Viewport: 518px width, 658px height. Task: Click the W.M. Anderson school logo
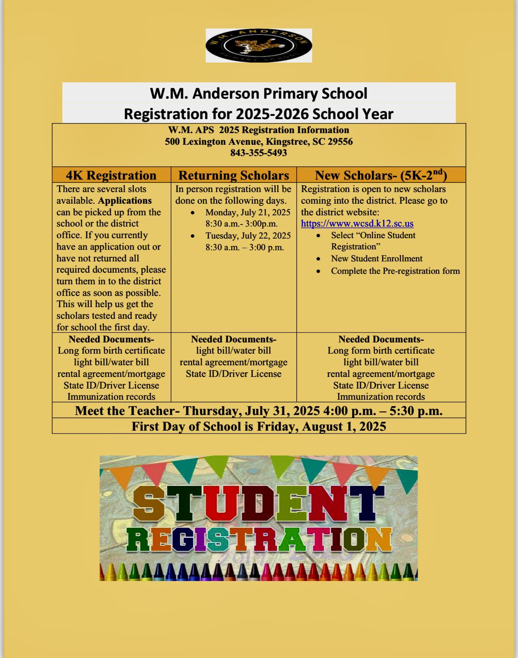click(259, 45)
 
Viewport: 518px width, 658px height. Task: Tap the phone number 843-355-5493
click(259, 153)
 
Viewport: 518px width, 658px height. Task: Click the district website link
click(357, 224)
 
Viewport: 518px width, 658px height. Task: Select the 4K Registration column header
click(111, 175)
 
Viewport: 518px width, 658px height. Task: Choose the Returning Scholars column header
click(234, 175)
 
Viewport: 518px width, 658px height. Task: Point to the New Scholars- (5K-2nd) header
click(381, 175)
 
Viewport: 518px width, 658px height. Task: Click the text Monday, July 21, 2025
click(248, 213)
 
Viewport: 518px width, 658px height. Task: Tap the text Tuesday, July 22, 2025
click(248, 236)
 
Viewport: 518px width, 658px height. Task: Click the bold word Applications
click(125, 200)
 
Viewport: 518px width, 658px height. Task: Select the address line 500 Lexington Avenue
click(259, 142)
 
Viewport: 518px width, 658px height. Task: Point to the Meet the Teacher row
click(259, 411)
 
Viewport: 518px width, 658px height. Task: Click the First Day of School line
click(259, 426)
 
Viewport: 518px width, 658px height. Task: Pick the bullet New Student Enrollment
click(377, 259)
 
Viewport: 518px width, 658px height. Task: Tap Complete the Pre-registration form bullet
click(395, 271)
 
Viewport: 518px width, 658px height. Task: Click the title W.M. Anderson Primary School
click(259, 93)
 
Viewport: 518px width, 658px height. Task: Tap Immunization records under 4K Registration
click(111, 397)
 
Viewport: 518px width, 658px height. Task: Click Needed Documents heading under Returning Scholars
click(234, 339)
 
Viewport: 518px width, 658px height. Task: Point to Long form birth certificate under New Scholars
click(381, 350)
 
